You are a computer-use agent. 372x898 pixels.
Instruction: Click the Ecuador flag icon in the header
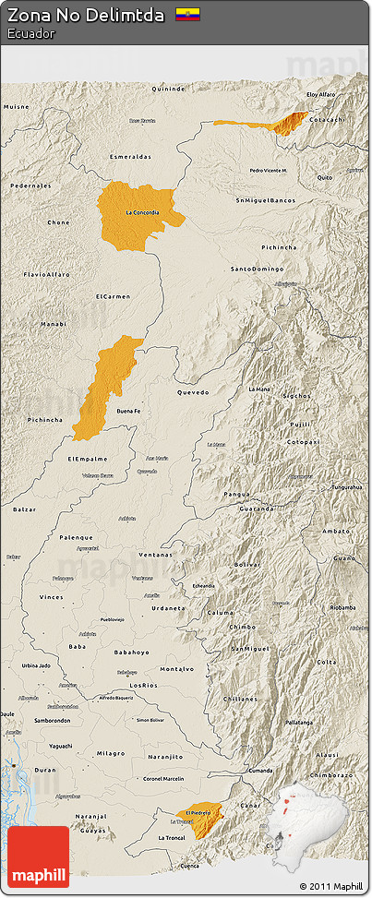click(x=188, y=15)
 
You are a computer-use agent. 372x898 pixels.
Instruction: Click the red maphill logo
click(x=38, y=856)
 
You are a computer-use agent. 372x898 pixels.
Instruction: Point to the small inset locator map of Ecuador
click(x=306, y=817)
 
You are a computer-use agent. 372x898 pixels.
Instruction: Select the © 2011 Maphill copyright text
click(x=330, y=887)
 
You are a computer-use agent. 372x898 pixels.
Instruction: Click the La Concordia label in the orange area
click(x=142, y=213)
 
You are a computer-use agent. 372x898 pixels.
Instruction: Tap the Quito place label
click(x=324, y=177)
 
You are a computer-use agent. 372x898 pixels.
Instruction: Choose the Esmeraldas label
click(x=130, y=157)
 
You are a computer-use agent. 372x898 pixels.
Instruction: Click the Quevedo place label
click(x=193, y=391)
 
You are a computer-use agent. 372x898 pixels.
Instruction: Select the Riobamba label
click(x=342, y=607)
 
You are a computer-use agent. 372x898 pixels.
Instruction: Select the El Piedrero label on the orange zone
click(x=198, y=812)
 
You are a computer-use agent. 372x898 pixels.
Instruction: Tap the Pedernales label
click(x=30, y=186)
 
